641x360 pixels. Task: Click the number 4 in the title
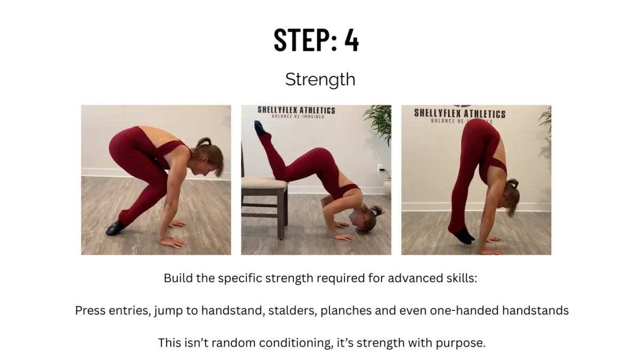[x=351, y=40]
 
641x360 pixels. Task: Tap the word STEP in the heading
[x=302, y=40]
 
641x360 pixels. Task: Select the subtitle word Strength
[x=320, y=80]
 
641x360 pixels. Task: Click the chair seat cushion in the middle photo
[x=264, y=182]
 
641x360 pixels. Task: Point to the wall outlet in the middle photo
[x=381, y=168]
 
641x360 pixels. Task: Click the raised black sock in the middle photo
[x=261, y=129]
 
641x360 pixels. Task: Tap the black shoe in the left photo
[x=115, y=228]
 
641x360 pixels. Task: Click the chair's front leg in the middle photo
[x=281, y=214]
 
